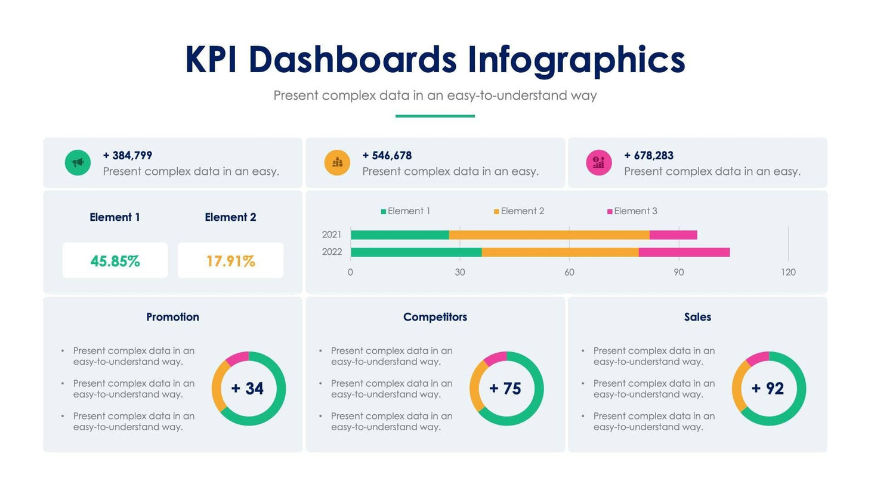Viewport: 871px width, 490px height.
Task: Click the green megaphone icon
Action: coord(78,162)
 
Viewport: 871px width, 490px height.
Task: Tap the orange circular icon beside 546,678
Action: coord(337,162)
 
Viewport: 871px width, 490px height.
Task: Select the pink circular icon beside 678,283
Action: coord(599,162)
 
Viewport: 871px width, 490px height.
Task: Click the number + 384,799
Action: coord(127,155)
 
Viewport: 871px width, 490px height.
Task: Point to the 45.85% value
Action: coord(115,261)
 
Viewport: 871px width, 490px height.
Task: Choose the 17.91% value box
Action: coord(230,261)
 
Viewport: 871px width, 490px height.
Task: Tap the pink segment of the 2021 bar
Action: coord(673,235)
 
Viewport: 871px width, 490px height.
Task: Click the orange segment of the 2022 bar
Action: coord(560,252)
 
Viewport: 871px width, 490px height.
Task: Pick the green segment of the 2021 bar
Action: coord(400,235)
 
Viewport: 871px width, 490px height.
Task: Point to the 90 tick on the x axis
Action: coord(679,272)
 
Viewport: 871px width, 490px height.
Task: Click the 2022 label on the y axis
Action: coord(332,252)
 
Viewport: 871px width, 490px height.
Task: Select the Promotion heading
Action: coord(172,317)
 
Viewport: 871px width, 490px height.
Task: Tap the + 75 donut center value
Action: coord(505,389)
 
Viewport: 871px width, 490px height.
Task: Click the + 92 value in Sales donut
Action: coord(768,389)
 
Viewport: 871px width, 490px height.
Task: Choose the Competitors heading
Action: coord(435,317)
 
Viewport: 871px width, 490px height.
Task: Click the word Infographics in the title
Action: coord(576,60)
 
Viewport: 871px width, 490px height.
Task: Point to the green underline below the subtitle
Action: coord(435,116)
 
